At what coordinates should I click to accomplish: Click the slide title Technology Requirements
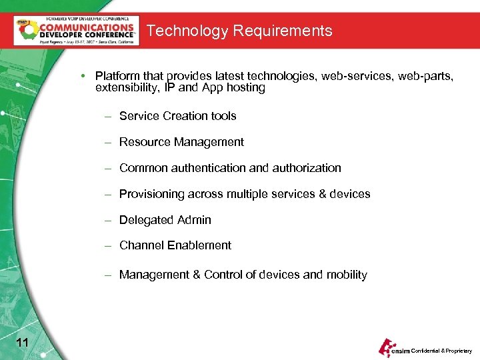[239, 31]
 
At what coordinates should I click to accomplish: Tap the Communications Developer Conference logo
[77, 30]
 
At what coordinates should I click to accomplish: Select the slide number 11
[21, 343]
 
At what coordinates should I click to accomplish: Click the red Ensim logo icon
[386, 346]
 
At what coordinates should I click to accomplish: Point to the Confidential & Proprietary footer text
[441, 351]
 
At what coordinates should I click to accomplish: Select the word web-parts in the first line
[426, 76]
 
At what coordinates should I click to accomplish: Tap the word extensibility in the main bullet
[128, 87]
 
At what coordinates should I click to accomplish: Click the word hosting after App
[247, 87]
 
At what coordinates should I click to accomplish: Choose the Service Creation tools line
[177, 116]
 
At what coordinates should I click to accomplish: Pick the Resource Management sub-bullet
[181, 142]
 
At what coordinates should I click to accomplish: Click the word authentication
[214, 168]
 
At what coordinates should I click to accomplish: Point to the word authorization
[309, 168]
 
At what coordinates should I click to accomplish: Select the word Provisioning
[151, 194]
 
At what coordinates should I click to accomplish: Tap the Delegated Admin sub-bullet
[165, 220]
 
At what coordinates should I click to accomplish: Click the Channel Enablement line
[175, 245]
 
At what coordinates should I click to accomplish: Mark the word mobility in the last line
[346, 275]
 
